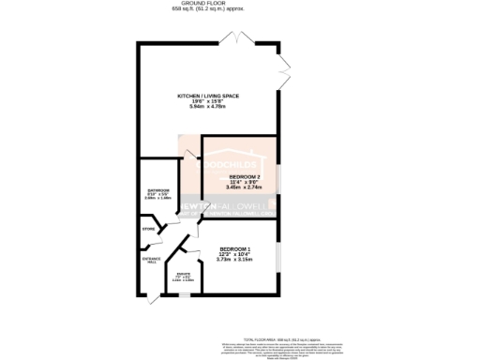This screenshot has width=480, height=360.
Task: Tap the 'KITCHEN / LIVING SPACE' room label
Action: [208, 96]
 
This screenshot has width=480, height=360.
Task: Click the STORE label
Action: [147, 228]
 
